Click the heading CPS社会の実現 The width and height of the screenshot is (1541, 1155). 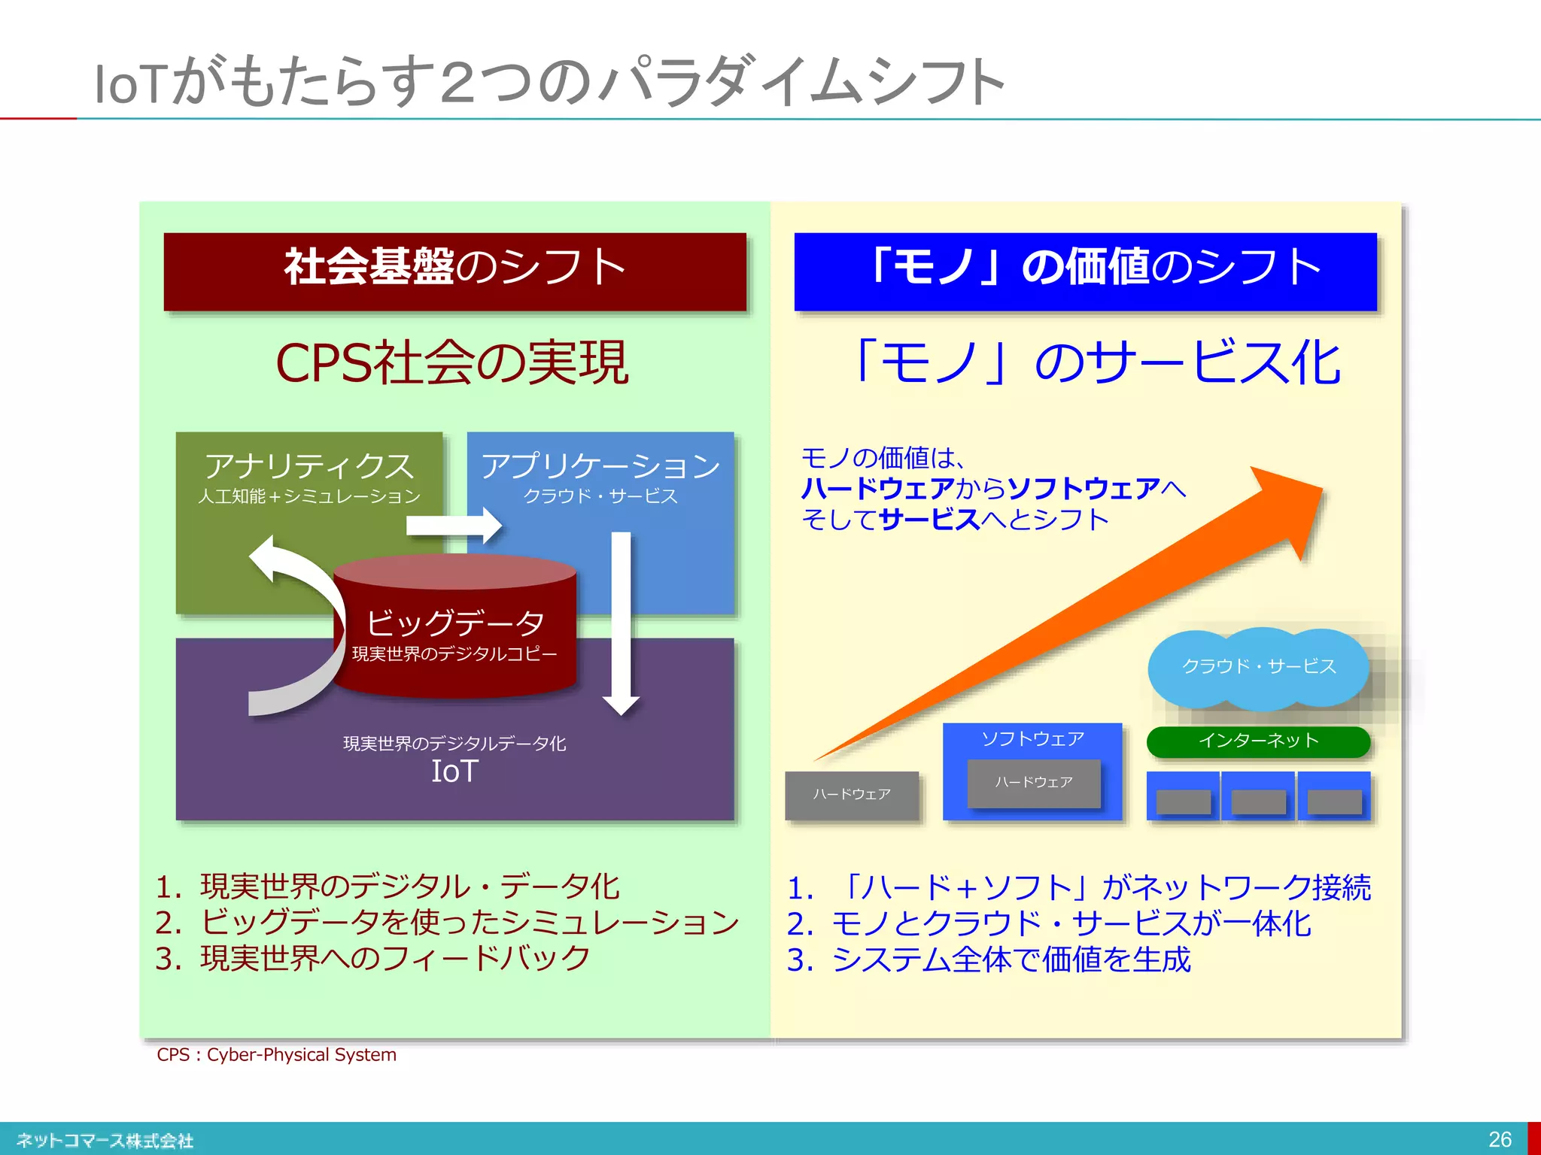pos(451,363)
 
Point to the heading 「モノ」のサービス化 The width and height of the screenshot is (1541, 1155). pos(1095,363)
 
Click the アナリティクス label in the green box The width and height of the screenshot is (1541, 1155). pos(309,466)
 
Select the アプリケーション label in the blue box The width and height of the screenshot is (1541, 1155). pos(600,466)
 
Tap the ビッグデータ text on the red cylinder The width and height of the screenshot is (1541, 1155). pos(454,623)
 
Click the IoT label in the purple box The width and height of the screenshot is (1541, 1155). pos(454,772)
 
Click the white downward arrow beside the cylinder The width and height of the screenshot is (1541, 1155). pos(621,624)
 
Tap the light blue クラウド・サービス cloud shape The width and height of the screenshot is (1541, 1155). pos(1258,667)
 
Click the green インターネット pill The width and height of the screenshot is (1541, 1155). pos(1258,741)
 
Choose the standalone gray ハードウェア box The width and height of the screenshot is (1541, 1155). pos(852,795)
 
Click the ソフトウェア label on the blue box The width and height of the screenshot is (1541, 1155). pos(1032,739)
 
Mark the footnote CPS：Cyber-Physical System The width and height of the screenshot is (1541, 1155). pos(276,1055)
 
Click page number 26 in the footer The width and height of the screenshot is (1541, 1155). pos(1500,1139)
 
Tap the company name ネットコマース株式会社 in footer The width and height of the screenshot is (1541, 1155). pos(105,1141)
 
